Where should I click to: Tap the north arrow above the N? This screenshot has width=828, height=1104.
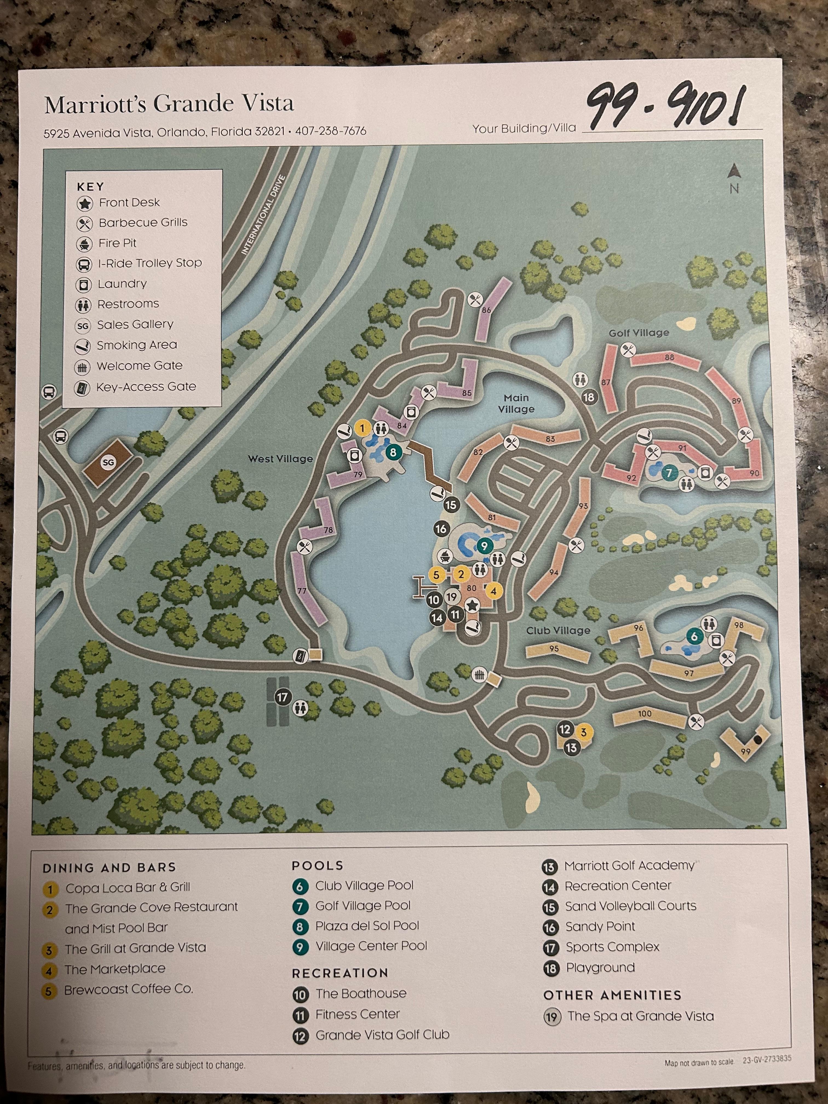(x=733, y=172)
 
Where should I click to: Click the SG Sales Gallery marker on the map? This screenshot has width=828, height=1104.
(x=108, y=463)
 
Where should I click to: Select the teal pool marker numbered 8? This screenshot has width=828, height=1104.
(x=393, y=453)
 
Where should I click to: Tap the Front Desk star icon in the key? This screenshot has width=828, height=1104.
(x=85, y=203)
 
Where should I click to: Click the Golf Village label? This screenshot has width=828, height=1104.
(x=638, y=333)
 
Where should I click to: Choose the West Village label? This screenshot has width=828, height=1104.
(x=280, y=459)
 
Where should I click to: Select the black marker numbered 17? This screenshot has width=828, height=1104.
(x=283, y=697)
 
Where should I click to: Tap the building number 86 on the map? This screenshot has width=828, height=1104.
(x=486, y=310)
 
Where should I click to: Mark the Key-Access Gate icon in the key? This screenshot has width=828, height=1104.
(x=82, y=387)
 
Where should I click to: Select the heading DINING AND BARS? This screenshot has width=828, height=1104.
(x=109, y=867)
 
